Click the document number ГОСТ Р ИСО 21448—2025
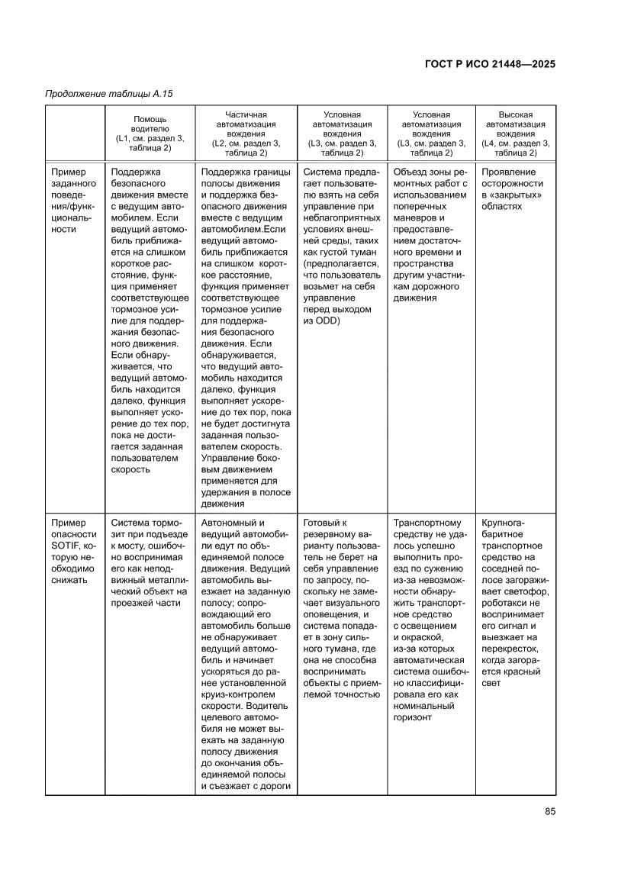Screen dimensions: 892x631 click(489, 64)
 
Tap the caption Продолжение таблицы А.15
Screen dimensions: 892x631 click(109, 94)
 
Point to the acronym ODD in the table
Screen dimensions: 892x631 click(330, 321)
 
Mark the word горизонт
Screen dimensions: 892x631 click(413, 716)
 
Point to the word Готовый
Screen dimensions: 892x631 click(320, 523)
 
